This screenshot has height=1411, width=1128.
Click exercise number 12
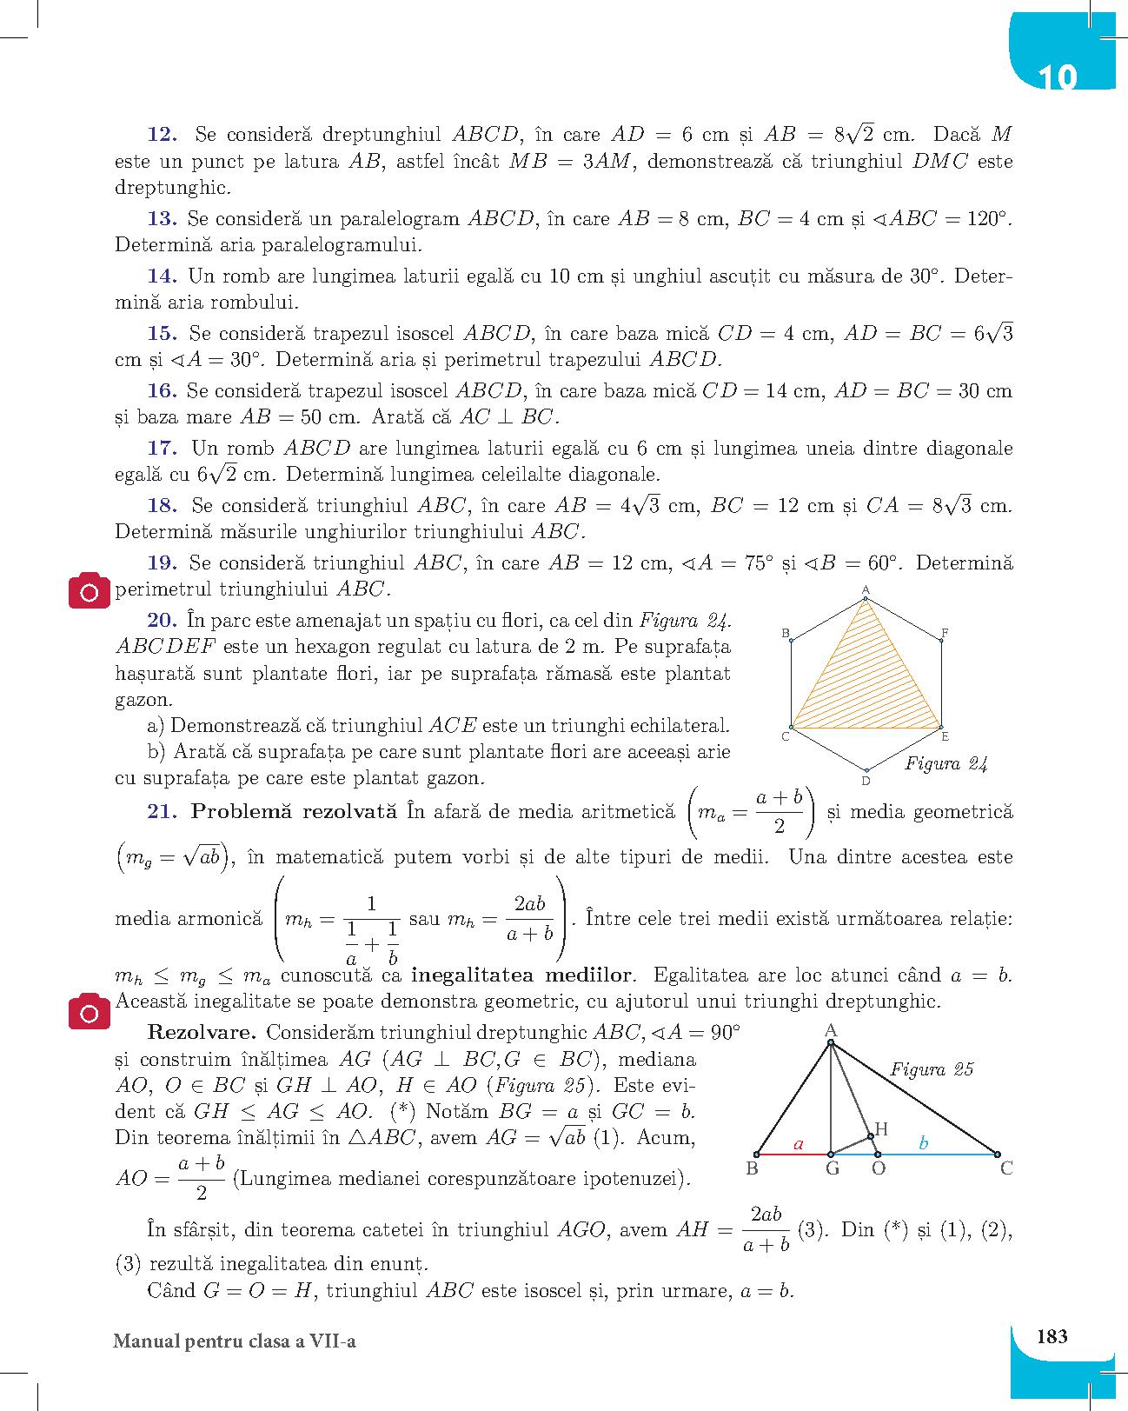tap(163, 135)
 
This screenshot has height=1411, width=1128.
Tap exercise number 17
tap(163, 449)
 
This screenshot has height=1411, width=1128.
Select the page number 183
tap(1052, 1336)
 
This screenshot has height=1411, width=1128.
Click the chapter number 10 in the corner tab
tap(1058, 77)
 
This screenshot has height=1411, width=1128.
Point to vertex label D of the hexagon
tap(866, 782)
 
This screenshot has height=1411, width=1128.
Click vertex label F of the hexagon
tap(945, 632)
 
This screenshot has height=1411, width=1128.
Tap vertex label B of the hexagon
tap(785, 633)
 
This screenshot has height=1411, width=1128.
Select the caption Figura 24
tap(946, 764)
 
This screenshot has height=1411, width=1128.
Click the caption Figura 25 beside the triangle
tap(932, 1069)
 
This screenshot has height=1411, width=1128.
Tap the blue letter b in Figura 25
tap(924, 1144)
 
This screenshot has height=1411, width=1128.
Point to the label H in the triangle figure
tap(881, 1128)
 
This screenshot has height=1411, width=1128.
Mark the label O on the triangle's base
tap(878, 1168)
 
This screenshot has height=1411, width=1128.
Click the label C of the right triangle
tap(1006, 1168)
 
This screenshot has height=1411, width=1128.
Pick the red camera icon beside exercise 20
tap(90, 592)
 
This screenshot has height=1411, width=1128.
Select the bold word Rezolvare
tap(202, 1033)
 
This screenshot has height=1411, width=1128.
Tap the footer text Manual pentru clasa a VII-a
tap(235, 1341)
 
